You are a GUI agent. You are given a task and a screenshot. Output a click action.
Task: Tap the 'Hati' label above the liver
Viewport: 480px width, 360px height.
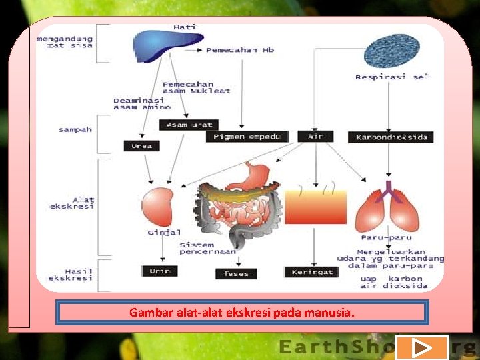pyautogui.click(x=184, y=27)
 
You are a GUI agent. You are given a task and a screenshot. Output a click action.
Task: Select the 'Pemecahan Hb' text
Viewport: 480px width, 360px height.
pyautogui.click(x=240, y=50)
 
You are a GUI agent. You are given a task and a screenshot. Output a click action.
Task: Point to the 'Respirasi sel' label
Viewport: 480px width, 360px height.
pyautogui.click(x=392, y=77)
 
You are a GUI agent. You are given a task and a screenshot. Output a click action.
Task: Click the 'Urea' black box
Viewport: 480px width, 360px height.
pyautogui.click(x=141, y=145)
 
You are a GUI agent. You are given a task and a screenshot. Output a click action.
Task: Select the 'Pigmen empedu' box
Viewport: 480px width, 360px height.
pyautogui.click(x=247, y=137)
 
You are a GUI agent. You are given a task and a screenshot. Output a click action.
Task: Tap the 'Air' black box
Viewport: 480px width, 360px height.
pyautogui.click(x=315, y=136)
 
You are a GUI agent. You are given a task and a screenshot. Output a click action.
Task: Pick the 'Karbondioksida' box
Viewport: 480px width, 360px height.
pyautogui.click(x=391, y=137)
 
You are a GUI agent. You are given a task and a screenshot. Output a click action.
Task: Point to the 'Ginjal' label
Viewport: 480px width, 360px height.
pyautogui.click(x=164, y=233)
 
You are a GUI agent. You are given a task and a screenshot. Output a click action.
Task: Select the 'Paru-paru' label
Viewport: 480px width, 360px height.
pyautogui.click(x=386, y=237)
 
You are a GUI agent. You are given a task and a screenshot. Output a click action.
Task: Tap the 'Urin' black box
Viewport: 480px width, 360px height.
pyautogui.click(x=160, y=271)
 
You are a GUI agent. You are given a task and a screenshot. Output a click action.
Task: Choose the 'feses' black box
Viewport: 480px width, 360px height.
pyautogui.click(x=236, y=273)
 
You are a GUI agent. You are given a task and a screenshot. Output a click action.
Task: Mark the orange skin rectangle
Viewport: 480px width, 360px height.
pyautogui.click(x=315, y=205)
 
